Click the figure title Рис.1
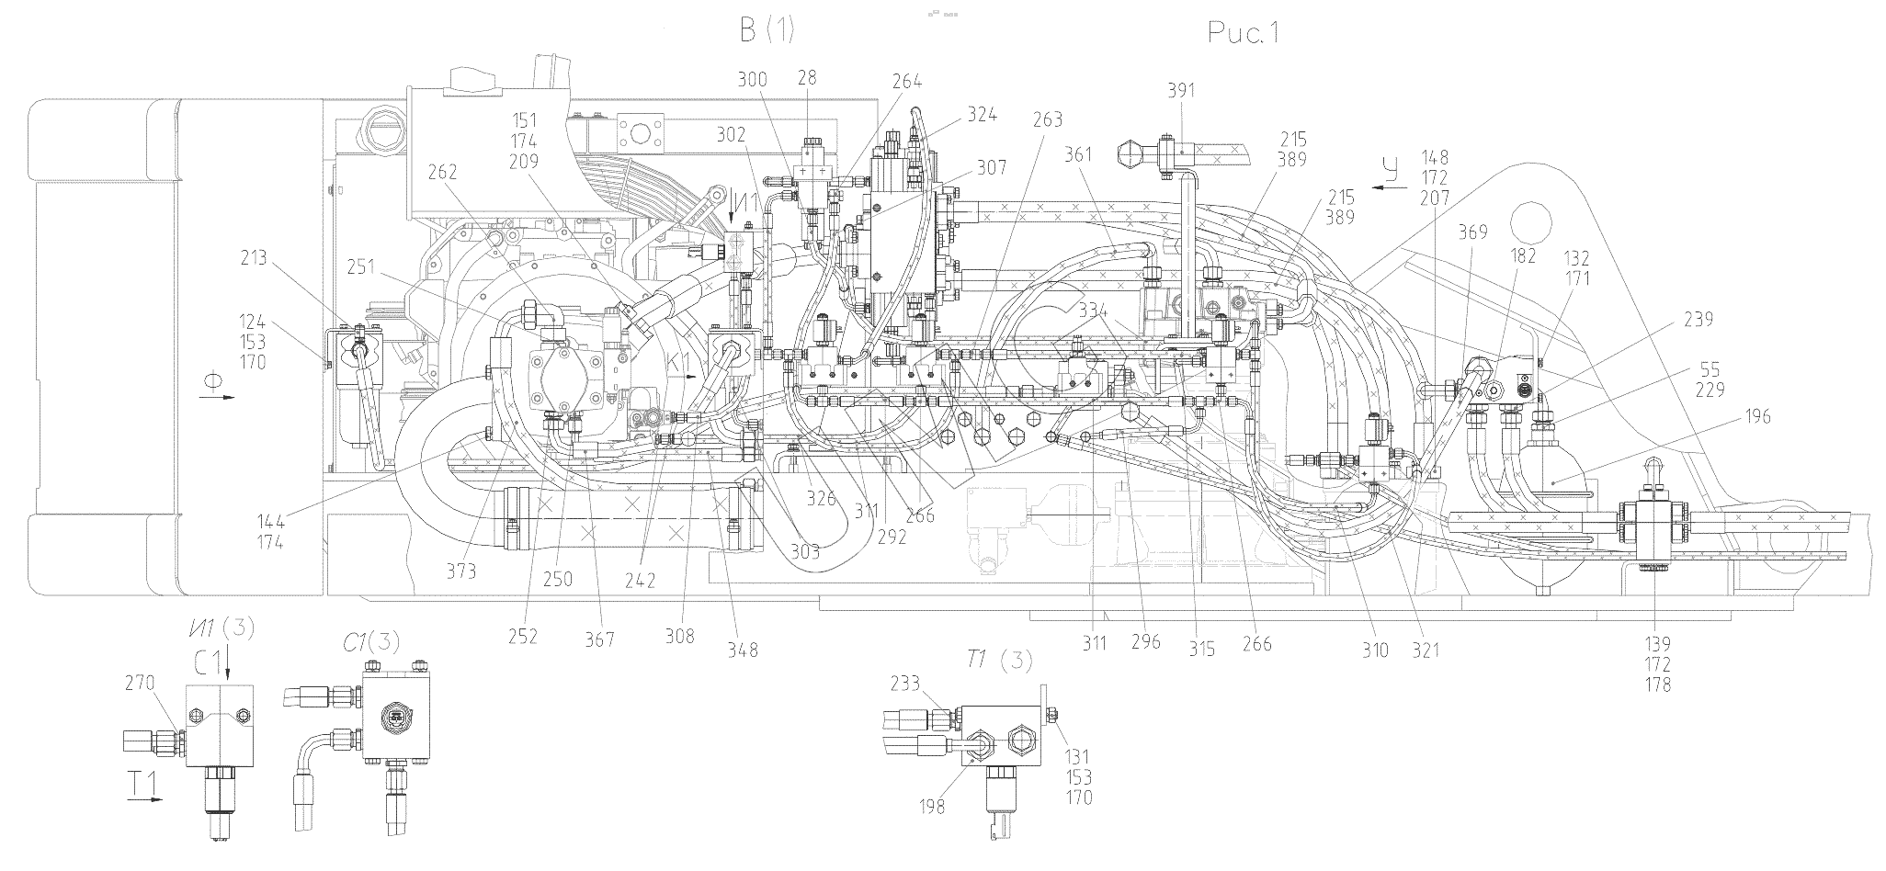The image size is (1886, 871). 1243,33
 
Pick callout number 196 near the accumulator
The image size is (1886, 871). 1754,417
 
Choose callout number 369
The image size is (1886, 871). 1471,232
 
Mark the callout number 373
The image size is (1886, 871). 461,571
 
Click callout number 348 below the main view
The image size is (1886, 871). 743,650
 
